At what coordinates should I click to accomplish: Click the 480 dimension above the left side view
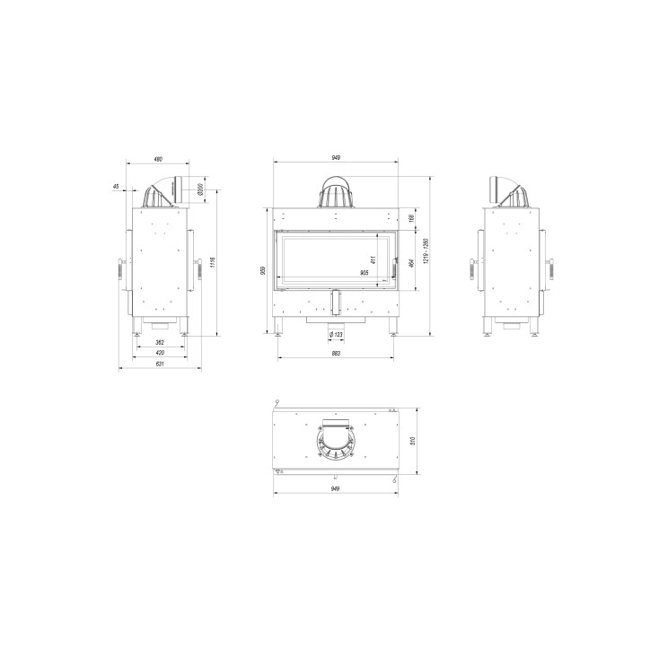coord(158,159)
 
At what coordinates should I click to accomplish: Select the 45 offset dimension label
coord(116,187)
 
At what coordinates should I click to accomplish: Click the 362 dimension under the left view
coord(159,343)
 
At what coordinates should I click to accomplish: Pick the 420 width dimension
coord(159,354)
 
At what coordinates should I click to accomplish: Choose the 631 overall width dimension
coord(160,365)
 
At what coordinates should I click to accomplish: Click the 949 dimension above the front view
coord(335,158)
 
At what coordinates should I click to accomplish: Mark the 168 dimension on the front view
coord(411,218)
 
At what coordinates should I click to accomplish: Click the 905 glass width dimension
coord(364,272)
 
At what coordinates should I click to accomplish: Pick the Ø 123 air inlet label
coord(336,334)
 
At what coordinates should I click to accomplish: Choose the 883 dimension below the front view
coord(335,354)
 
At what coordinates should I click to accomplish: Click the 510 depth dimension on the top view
coord(412,439)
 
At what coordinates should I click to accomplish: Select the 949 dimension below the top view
coord(335,489)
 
